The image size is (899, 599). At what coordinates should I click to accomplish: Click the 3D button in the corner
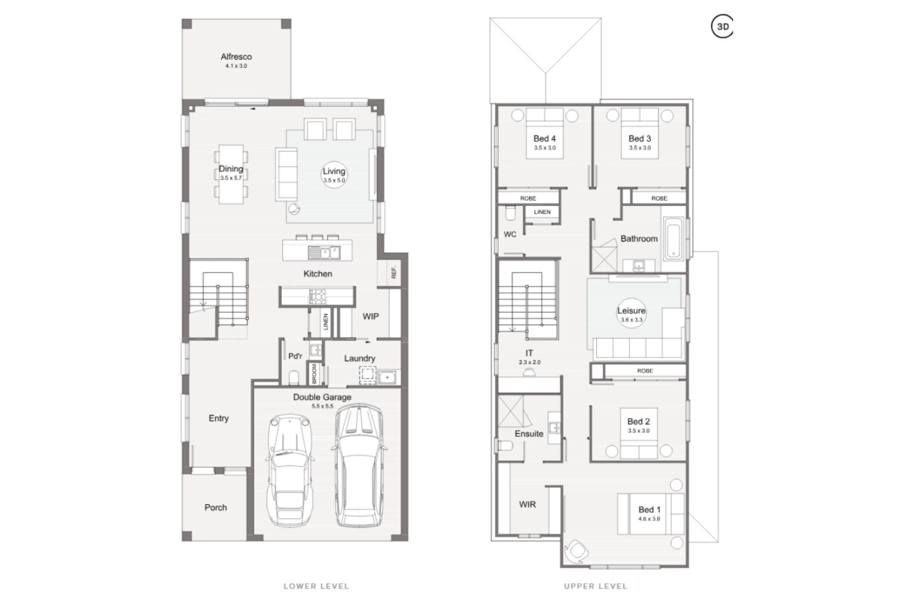tap(723, 27)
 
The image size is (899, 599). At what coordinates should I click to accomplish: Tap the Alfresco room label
tap(236, 57)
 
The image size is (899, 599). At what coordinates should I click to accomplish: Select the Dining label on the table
tap(231, 169)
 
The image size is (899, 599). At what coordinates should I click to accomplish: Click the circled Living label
tap(334, 174)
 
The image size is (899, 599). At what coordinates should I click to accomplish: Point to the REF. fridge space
tap(394, 272)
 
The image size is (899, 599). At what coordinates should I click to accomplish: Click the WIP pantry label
tap(371, 317)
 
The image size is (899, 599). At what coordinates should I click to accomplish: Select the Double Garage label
tap(322, 398)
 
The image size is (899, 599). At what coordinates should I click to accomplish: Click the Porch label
tap(215, 508)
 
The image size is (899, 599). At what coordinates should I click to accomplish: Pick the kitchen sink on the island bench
tap(322, 252)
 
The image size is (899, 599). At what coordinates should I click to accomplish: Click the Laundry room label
tap(359, 359)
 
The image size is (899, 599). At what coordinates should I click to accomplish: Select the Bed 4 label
tap(544, 139)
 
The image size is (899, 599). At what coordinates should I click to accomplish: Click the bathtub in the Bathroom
tap(674, 238)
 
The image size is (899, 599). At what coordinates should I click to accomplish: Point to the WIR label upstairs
tap(527, 505)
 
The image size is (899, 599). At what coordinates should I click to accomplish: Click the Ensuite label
tap(529, 434)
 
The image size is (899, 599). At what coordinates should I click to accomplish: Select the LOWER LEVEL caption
tap(316, 586)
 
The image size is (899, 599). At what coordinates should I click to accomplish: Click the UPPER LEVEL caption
tap(595, 586)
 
